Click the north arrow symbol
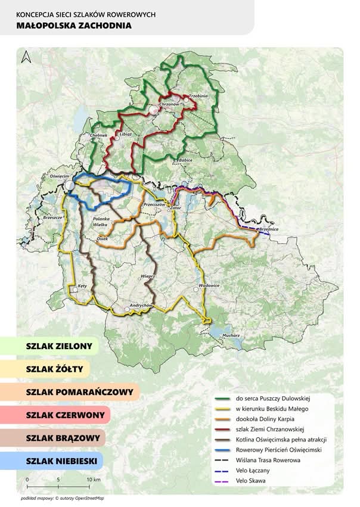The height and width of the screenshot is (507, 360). (x=24, y=58)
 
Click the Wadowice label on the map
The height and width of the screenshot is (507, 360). (x=209, y=285)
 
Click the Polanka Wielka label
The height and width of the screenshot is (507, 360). (x=103, y=221)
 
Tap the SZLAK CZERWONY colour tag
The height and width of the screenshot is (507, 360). (x=65, y=415)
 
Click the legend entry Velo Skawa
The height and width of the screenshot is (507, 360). (x=251, y=481)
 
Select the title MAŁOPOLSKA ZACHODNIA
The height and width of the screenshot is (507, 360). (x=75, y=26)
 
